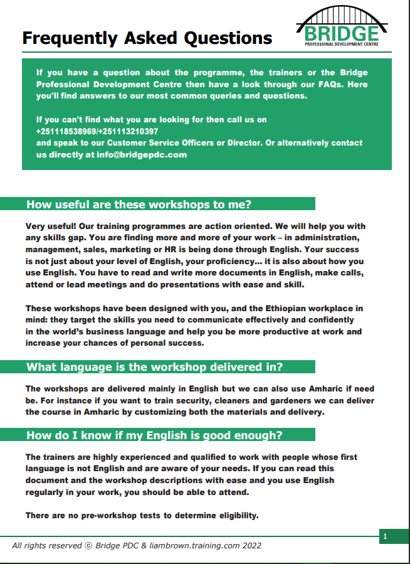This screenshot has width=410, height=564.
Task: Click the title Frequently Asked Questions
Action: tap(147, 38)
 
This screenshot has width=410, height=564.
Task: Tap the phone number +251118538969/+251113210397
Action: tap(97, 131)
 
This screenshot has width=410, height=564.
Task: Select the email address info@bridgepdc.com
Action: tap(142, 154)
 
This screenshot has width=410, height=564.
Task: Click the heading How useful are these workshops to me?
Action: tap(139, 204)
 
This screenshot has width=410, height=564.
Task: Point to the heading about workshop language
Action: tap(154, 367)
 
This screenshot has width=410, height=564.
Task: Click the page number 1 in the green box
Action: tap(385, 536)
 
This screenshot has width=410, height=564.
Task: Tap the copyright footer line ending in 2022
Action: tap(137, 546)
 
